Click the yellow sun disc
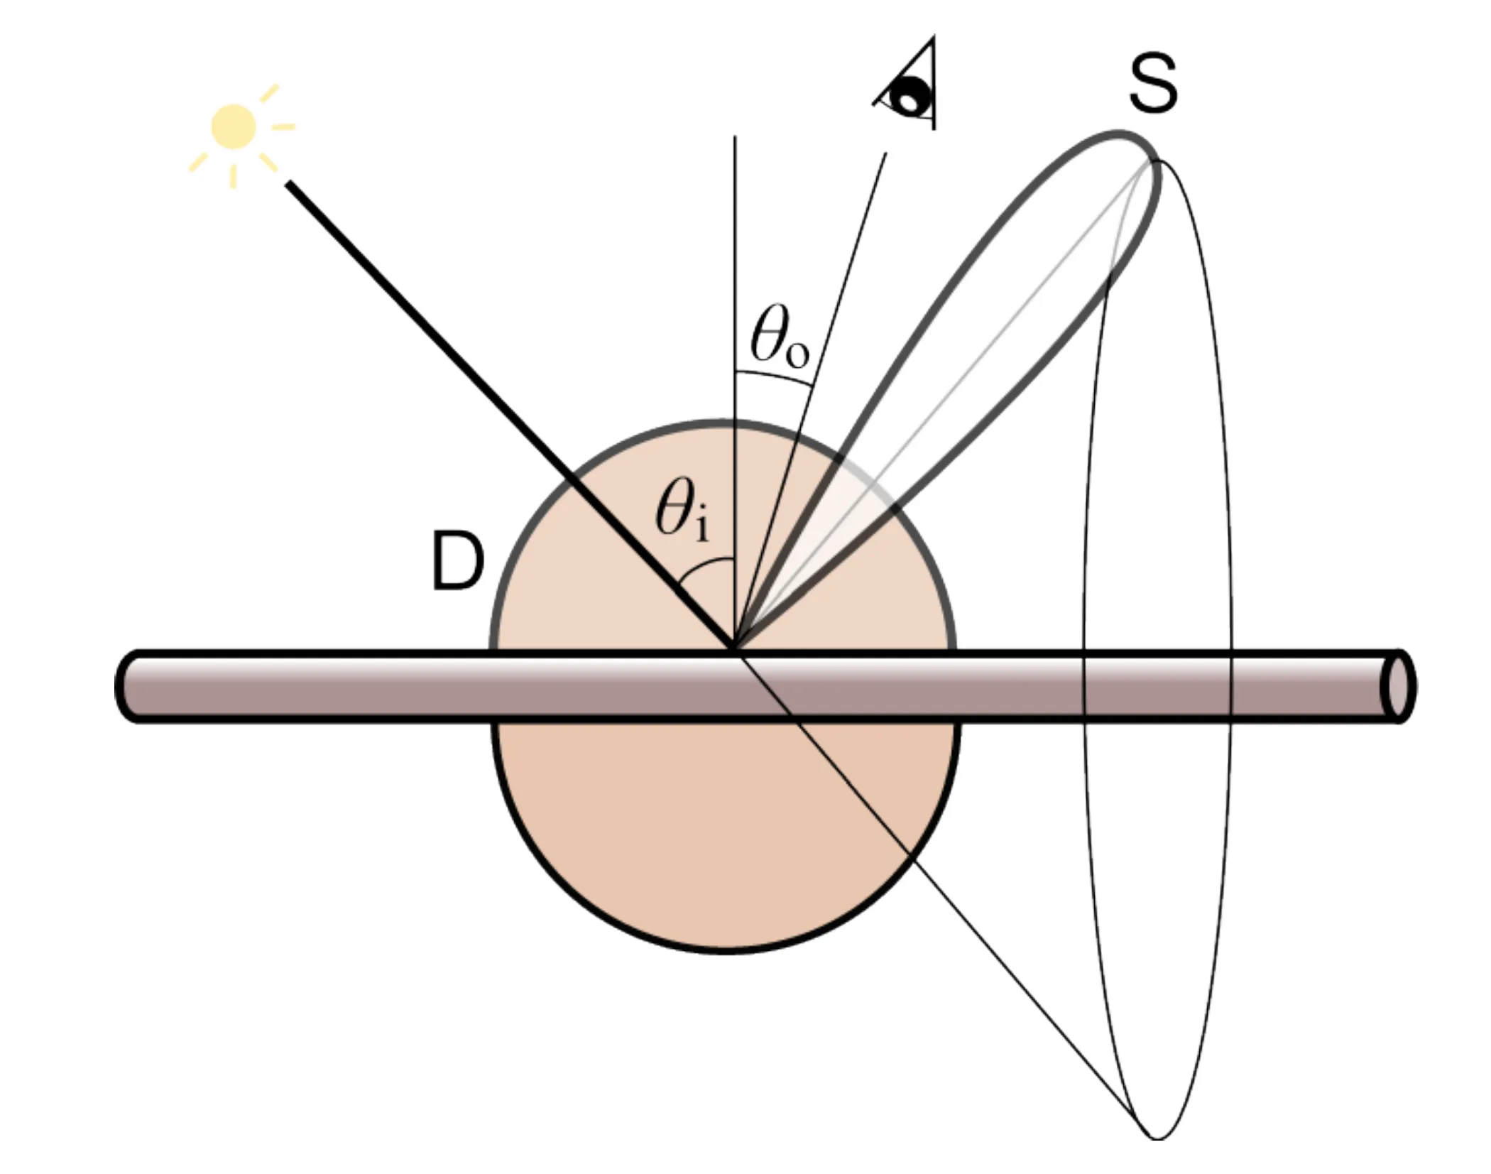(x=234, y=126)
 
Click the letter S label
(x=1154, y=85)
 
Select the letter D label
(x=459, y=562)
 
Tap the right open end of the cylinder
(x=1398, y=687)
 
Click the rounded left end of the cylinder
(x=128, y=687)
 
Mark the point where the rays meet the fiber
(x=736, y=650)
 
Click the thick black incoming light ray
(x=510, y=415)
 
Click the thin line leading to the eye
(x=810, y=401)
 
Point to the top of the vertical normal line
(x=735, y=136)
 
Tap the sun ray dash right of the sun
(x=283, y=127)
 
